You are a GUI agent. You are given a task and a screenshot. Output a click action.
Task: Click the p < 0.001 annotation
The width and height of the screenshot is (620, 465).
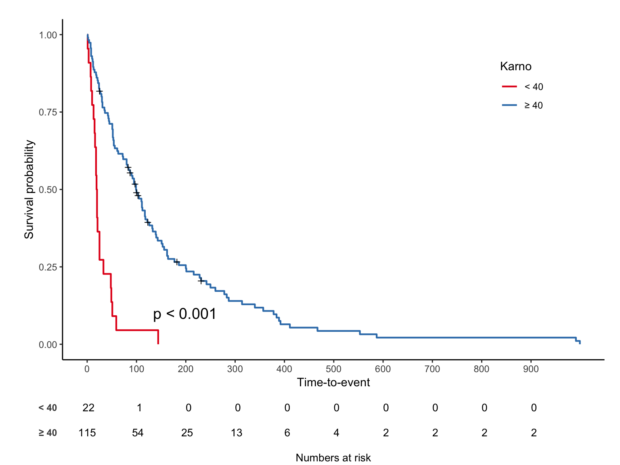click(184, 314)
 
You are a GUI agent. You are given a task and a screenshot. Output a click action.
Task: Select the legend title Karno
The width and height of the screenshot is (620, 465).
click(515, 67)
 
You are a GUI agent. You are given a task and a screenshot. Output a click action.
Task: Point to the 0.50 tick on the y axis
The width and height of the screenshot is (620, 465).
click(48, 190)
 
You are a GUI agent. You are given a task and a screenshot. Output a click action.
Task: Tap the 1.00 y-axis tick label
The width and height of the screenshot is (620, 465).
click(48, 35)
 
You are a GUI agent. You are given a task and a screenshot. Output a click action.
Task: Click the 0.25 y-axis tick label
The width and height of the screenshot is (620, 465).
click(48, 267)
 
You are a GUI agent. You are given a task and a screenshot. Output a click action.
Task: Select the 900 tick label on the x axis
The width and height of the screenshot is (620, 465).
click(531, 369)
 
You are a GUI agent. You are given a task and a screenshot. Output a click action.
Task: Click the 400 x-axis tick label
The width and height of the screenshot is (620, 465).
click(284, 369)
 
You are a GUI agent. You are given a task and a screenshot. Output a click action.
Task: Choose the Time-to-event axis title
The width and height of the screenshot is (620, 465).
click(333, 383)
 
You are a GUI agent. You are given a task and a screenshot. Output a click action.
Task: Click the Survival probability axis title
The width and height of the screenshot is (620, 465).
click(29, 190)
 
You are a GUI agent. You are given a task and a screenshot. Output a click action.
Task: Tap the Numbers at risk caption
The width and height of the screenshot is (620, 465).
click(333, 458)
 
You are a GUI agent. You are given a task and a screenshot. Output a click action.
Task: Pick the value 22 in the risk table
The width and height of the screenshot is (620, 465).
click(88, 408)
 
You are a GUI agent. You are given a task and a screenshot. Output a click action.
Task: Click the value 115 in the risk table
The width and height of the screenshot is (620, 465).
click(87, 433)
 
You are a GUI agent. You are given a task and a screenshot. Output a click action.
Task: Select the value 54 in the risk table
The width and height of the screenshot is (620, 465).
click(138, 433)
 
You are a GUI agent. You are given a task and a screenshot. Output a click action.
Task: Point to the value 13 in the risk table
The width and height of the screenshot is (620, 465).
click(237, 433)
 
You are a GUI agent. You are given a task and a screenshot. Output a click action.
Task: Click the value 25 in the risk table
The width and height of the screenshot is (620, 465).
click(187, 433)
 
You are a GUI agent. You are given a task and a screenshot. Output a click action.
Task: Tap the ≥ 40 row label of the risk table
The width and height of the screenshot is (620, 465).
click(48, 433)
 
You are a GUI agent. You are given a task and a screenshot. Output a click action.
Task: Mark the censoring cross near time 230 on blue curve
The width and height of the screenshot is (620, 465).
click(201, 281)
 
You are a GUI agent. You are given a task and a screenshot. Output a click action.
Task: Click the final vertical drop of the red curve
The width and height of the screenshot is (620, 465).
click(158, 337)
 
